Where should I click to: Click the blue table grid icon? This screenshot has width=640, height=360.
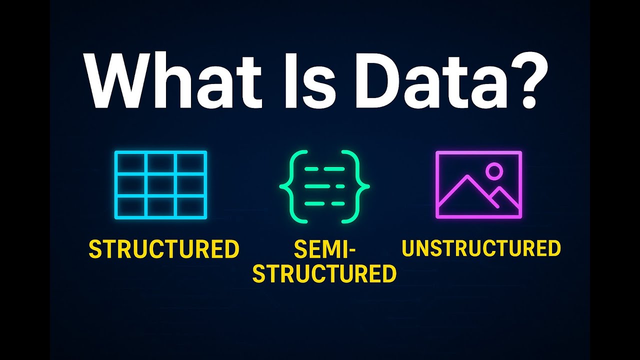[160, 185]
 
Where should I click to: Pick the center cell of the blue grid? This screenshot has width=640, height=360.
[160, 185]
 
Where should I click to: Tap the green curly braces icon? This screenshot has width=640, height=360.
[324, 186]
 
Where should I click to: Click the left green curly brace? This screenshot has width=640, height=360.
[289, 186]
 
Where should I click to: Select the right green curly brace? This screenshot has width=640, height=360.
[360, 186]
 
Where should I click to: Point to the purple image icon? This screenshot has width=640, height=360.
[479, 185]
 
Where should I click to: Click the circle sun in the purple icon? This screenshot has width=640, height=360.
[494, 171]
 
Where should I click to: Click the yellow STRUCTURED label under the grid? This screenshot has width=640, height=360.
[164, 249]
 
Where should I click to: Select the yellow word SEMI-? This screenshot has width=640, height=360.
[324, 249]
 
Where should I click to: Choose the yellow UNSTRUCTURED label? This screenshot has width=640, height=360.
[481, 248]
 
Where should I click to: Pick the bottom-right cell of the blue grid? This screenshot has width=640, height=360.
[190, 207]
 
